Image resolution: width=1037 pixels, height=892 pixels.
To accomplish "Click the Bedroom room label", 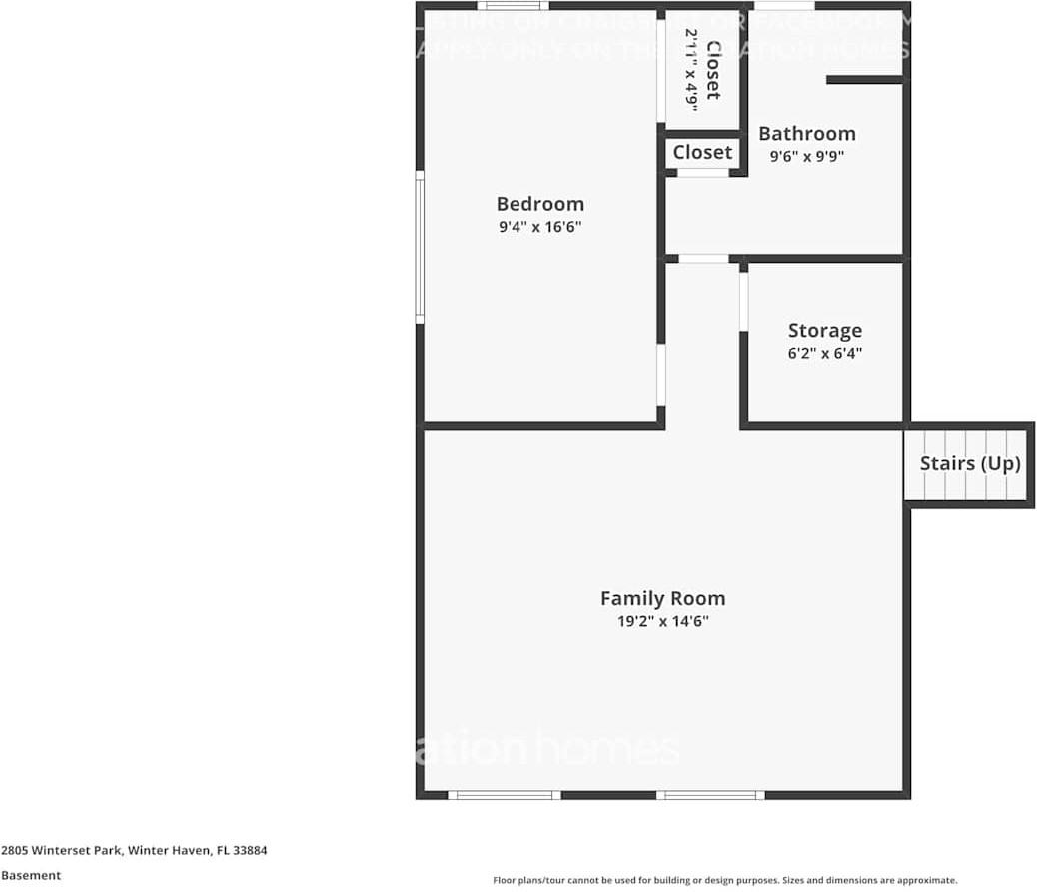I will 539,204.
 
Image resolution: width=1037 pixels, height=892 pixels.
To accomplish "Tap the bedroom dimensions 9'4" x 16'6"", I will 539,227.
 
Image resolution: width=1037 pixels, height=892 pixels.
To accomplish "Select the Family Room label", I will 662,598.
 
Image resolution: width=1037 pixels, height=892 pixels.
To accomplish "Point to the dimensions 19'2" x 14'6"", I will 662,621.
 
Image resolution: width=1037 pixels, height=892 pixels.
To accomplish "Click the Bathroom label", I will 806,133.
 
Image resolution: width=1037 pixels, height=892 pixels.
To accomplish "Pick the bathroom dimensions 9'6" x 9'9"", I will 806,156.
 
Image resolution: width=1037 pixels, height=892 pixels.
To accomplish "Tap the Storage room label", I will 824,330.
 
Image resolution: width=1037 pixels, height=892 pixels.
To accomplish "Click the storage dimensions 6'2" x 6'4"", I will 824,353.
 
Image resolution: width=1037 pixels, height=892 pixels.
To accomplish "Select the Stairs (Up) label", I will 969,463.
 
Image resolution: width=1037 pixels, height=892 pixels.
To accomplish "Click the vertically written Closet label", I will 713,69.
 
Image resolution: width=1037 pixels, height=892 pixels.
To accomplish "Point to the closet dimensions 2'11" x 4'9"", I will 691,69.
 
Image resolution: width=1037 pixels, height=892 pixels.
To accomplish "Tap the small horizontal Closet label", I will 702,152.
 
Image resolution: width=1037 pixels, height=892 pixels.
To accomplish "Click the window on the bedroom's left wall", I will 420,246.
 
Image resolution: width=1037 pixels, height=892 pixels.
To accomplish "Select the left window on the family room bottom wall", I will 503,795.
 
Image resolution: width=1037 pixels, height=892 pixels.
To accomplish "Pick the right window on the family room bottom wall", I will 710,795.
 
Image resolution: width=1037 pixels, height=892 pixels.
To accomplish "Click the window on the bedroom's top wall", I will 512,6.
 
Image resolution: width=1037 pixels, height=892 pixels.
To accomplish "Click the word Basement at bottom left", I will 30,875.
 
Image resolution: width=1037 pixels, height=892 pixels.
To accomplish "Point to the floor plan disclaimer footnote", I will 724,880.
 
